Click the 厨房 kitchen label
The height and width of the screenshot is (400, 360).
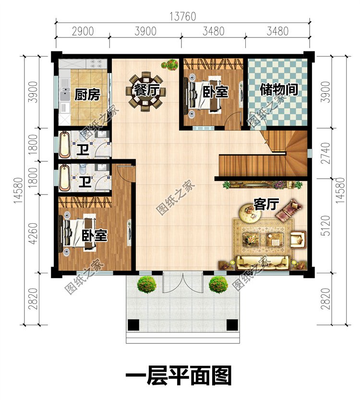click(x=87, y=95)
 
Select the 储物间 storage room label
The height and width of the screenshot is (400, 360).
click(x=279, y=90)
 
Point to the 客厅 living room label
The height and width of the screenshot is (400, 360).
click(x=266, y=204)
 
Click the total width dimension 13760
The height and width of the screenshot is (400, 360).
click(x=183, y=17)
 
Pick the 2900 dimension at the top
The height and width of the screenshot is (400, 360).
click(x=83, y=31)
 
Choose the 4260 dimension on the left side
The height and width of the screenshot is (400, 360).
click(x=33, y=233)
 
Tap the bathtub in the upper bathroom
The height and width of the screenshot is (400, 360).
click(x=64, y=145)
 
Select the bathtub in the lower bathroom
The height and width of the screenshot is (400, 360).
click(x=64, y=178)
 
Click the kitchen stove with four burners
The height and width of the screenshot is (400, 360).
click(x=96, y=64)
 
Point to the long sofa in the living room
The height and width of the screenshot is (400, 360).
click(x=263, y=262)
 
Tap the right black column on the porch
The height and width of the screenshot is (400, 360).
click(x=232, y=325)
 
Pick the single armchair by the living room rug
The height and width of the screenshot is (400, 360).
click(x=298, y=239)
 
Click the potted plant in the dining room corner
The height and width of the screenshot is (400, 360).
click(x=170, y=64)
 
